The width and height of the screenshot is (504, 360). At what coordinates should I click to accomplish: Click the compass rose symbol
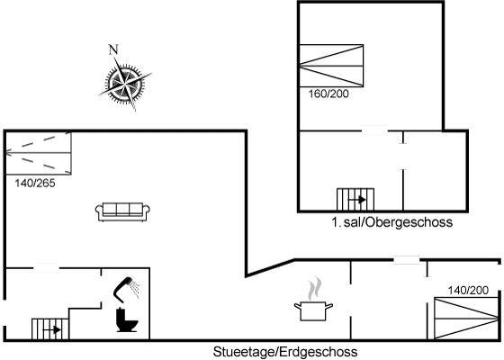[x=125, y=83]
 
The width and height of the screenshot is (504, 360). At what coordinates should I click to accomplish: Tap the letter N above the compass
[x=113, y=49]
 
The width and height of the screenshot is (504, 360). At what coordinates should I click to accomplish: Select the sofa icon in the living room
[x=122, y=211]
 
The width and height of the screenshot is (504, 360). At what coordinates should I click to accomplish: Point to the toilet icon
[x=127, y=319]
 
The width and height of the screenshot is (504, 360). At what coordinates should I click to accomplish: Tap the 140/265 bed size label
[x=35, y=184]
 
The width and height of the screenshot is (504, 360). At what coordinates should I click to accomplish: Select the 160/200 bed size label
[x=328, y=94]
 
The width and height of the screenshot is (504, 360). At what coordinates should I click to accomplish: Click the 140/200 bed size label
[x=468, y=290]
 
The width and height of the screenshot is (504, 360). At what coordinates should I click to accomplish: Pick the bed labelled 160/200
[x=331, y=66]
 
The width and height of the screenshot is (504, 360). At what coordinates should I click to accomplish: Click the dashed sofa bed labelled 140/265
[x=38, y=153]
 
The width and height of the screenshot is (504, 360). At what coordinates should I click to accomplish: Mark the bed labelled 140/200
[x=466, y=319]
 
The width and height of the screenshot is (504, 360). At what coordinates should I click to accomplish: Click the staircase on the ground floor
[x=49, y=328]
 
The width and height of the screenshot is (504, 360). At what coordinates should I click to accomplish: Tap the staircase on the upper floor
[x=355, y=199]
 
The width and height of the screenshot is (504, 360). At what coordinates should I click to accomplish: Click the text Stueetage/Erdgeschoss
[x=285, y=352]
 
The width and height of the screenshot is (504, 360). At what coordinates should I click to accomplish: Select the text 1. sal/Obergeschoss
[x=391, y=222]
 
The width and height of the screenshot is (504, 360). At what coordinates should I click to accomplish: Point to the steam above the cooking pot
[x=314, y=289]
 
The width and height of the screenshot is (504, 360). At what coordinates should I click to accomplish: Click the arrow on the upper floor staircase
[x=356, y=200]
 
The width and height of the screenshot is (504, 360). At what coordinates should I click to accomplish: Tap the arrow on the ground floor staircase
[x=52, y=329]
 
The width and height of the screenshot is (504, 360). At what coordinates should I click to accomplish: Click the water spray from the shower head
[x=136, y=287]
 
